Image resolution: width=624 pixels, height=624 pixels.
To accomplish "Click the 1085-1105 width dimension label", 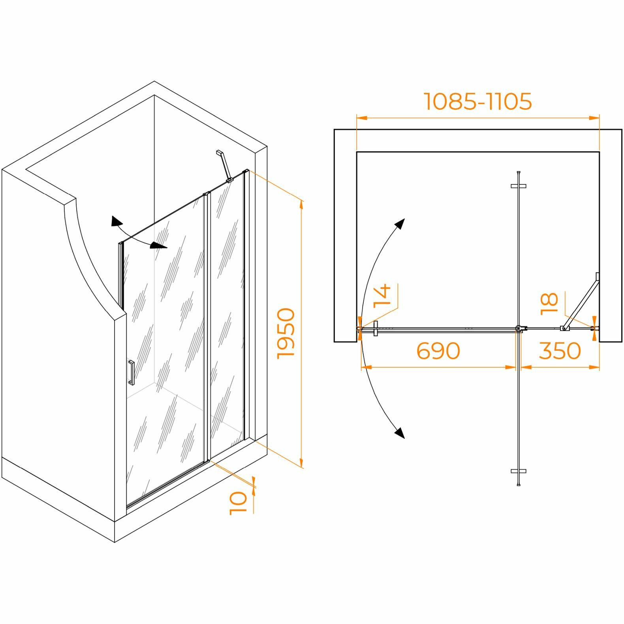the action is tap(478, 101).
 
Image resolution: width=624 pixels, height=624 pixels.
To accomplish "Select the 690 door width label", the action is tap(438, 351).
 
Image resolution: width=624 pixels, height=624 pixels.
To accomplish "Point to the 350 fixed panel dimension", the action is tap(560, 351).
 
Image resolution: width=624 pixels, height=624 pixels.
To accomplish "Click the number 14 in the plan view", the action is tap(382, 295).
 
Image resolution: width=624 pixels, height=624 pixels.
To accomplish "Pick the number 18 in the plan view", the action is tap(549, 303).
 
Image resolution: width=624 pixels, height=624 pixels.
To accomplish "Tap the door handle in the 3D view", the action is tap(131, 372).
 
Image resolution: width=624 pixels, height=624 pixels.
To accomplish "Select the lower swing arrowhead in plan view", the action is tap(400, 433).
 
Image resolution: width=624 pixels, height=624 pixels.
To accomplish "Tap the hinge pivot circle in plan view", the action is tap(518, 328).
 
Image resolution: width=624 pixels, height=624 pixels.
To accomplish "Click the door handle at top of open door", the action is tap(519, 186).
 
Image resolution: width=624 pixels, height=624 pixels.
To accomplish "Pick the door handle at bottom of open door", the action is tap(519, 471).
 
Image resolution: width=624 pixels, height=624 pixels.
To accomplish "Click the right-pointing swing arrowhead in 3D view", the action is tap(160, 246).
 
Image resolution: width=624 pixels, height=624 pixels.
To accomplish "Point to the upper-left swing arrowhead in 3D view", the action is tap(116, 222).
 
